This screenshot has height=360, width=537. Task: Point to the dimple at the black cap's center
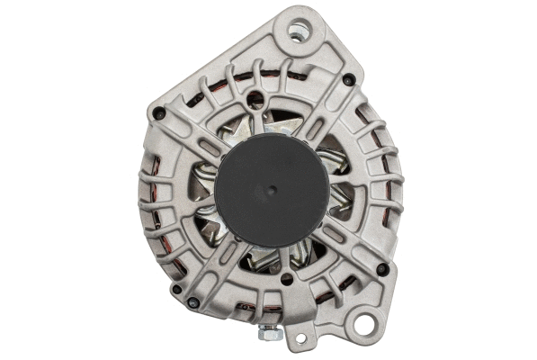[270, 192]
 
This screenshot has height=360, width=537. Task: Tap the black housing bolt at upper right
[348, 80]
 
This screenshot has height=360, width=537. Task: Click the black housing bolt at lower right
[381, 268]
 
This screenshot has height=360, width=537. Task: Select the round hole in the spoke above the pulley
[257, 100]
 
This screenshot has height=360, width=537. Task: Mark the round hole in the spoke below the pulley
[285, 279]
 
